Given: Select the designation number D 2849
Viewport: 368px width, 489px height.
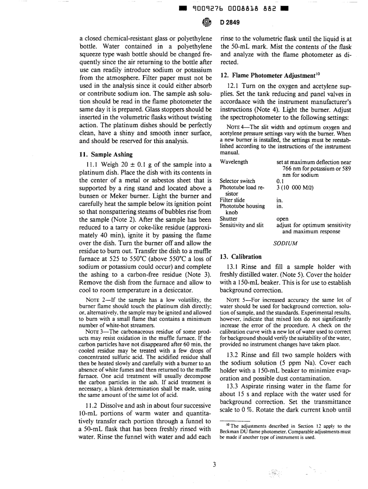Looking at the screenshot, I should point(230,22).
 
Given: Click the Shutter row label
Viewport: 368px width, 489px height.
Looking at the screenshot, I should point(228,218).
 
